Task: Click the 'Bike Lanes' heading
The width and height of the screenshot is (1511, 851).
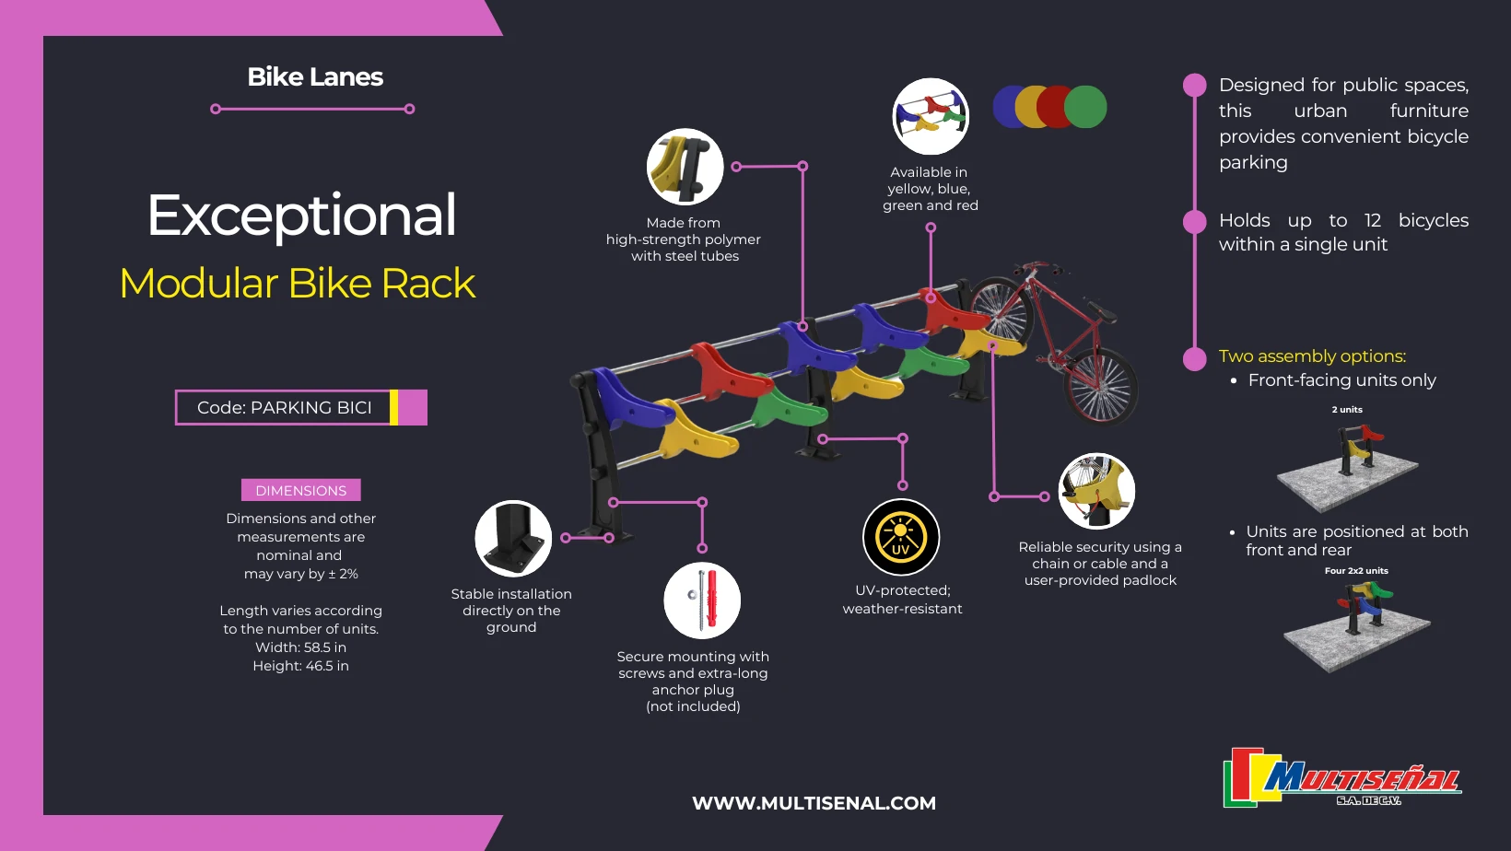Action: coord(315,77)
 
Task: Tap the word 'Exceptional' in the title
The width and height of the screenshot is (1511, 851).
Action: coord(301,216)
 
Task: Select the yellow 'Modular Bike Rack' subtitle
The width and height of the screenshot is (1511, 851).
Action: coord(298,284)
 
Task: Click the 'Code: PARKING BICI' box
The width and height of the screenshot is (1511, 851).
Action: coord(285,408)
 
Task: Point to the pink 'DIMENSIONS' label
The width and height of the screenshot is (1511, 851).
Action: coord(300,491)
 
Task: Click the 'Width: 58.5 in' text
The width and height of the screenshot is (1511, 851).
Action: coord(300,647)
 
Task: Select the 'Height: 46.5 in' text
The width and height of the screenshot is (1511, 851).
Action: coord(300,666)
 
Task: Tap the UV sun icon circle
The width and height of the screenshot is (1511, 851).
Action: coord(900,537)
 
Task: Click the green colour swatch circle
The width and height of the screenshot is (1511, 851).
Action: coord(1086,107)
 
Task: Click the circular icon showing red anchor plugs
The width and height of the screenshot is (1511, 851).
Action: coord(702,600)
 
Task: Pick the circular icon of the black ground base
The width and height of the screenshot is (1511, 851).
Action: coord(513,539)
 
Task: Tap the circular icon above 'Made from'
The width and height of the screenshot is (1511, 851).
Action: coord(685,167)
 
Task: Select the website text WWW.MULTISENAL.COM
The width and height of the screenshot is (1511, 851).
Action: coord(814,803)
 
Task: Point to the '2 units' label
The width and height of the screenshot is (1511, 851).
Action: coord(1347,410)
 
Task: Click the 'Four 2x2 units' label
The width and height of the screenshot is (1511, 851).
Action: coord(1356,571)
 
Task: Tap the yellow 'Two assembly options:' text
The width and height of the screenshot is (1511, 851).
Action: coord(1312,356)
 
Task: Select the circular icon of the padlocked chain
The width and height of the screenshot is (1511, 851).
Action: coord(1096,491)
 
